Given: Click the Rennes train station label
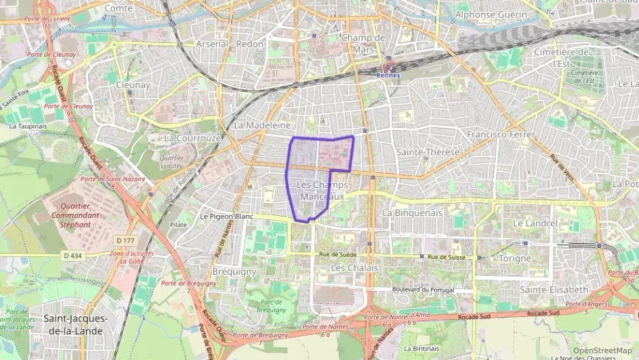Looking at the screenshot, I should click(388, 75).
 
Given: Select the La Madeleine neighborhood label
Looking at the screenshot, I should click(262, 126).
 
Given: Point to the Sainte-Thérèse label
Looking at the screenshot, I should click(428, 152).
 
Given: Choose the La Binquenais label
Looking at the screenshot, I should click(413, 212).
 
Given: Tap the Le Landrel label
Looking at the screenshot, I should click(536, 223).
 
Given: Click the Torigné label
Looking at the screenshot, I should click(515, 258).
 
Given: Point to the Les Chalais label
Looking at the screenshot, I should click(354, 268).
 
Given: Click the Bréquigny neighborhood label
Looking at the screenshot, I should click(234, 271).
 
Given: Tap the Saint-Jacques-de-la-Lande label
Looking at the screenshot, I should click(74, 324).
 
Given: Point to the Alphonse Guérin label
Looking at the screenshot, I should click(500, 14).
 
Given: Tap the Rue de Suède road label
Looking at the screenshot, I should click(339, 254).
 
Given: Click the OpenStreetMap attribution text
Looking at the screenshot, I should click(602, 350).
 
